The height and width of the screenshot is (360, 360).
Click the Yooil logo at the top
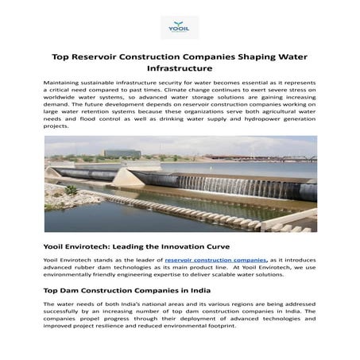pyautogui.click(x=180, y=26)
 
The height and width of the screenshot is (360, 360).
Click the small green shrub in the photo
pyautogui.click(x=72, y=190)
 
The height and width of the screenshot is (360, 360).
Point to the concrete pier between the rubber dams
pyautogui.click(x=127, y=177)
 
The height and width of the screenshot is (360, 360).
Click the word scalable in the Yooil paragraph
pyautogui.click(x=238, y=277)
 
